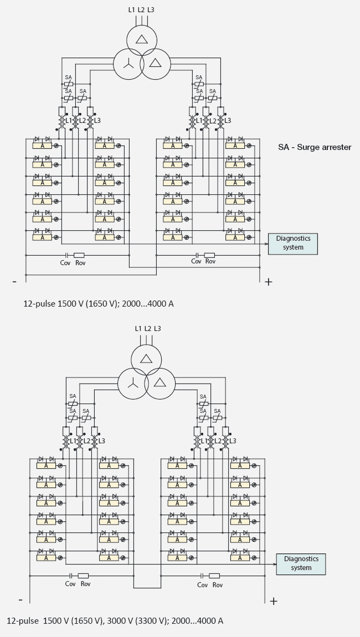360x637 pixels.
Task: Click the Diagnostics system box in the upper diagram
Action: pyautogui.click(x=292, y=244)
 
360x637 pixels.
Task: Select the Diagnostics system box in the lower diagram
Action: pyautogui.click(x=301, y=563)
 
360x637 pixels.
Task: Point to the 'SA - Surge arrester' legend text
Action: pyautogui.click(x=314, y=147)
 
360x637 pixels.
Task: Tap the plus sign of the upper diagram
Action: pyautogui.click(x=269, y=282)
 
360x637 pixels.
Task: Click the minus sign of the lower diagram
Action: pyautogui.click(x=20, y=599)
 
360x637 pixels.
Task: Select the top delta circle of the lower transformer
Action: pyautogui.click(x=146, y=358)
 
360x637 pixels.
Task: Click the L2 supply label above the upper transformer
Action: pyautogui.click(x=141, y=10)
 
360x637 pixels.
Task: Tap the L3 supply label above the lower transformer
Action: pyautogui.click(x=157, y=329)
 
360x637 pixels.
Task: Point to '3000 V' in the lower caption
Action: pyautogui.click(x=119, y=621)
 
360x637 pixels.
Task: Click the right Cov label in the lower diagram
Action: pyautogui.click(x=202, y=584)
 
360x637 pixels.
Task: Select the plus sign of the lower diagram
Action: pyautogui.click(x=273, y=601)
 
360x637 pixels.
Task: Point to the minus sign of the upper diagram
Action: pyautogui.click(x=14, y=281)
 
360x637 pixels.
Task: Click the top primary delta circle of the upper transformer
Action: pyautogui.click(x=141, y=38)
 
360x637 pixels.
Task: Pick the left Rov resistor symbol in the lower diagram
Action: pyautogui.click(x=83, y=576)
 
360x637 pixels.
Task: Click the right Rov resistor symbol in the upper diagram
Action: pyautogui.click(x=210, y=255)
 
